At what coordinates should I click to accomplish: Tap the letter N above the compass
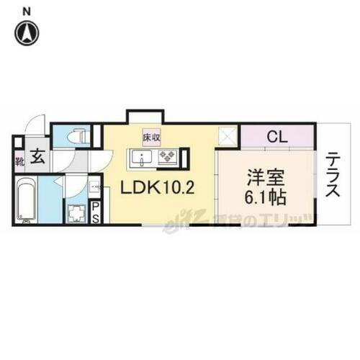(27, 9)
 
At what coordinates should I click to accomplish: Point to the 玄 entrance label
(37, 157)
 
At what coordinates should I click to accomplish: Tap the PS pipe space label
(95, 214)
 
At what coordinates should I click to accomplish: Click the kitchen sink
(139, 156)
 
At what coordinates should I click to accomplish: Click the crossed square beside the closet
(229, 135)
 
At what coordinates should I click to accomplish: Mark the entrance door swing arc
(32, 130)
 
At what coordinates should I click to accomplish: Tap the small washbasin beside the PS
(94, 189)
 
